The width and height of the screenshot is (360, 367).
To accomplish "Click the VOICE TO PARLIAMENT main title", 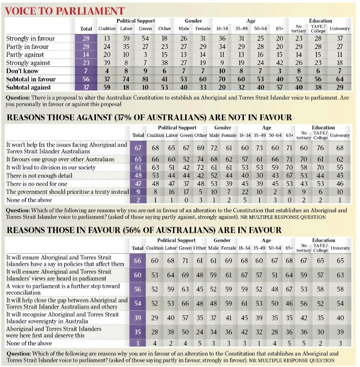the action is [x=65, y=11].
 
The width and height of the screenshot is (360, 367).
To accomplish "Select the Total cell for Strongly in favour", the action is [x=86, y=38].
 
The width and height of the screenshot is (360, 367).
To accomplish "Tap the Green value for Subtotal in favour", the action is [x=145, y=79].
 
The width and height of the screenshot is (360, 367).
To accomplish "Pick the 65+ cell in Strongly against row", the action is [x=280, y=63].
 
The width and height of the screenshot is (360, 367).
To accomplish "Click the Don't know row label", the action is [x=22, y=71].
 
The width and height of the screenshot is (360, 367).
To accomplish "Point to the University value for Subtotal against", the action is [x=340, y=88].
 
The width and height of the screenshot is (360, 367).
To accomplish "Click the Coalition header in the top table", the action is [x=107, y=29].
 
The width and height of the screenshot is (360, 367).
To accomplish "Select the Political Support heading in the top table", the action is [x=136, y=21].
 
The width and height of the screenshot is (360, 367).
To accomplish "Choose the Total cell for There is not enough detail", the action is [x=138, y=176].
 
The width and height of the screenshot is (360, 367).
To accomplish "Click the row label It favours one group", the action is [x=60, y=159].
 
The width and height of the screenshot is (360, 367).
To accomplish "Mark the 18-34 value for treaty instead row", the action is [x=245, y=192].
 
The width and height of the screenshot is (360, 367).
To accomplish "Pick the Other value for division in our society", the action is [x=201, y=168].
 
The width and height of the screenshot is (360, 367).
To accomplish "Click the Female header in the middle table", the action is [x=229, y=136].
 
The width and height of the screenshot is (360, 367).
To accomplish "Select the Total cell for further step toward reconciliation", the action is [x=137, y=289].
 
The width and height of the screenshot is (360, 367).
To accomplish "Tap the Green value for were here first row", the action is [x=185, y=332].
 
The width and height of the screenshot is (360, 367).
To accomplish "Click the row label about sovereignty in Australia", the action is [x=63, y=318].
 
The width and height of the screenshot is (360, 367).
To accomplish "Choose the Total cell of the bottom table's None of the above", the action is [x=137, y=343].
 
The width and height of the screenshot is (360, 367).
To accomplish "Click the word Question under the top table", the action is [x=18, y=97].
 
